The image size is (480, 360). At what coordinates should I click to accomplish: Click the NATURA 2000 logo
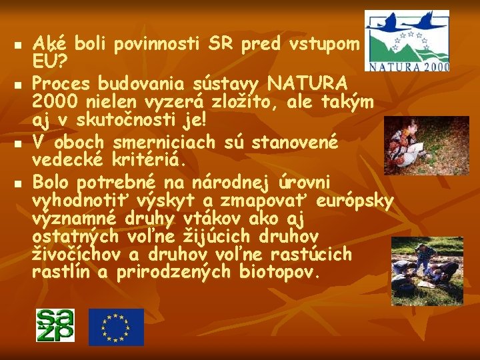(407, 41)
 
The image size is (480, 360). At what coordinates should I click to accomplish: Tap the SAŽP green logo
(55, 326)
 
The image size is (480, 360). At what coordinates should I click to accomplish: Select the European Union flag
(116, 327)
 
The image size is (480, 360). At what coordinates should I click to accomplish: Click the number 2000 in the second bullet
(53, 102)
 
